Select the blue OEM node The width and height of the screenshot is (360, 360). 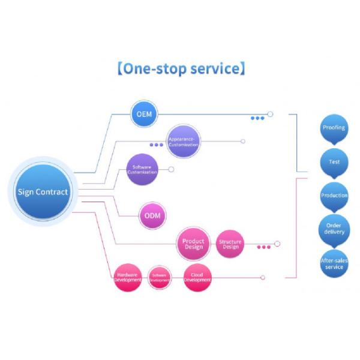(x=144, y=114)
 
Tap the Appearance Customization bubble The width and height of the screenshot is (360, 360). (x=183, y=142)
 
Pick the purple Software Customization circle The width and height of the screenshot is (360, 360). (x=142, y=169)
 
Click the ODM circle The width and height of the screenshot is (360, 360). (x=152, y=215)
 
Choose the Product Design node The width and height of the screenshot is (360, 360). (x=193, y=244)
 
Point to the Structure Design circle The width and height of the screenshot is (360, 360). (x=230, y=244)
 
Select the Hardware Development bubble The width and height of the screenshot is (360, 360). (x=128, y=277)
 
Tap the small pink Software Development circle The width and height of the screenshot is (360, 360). (x=160, y=277)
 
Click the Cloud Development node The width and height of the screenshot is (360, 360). (x=197, y=277)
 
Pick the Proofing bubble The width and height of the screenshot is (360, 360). (x=334, y=128)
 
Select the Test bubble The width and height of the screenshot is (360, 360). (x=334, y=161)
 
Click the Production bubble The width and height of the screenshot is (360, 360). (x=334, y=196)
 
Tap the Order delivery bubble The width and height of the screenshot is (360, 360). (x=334, y=229)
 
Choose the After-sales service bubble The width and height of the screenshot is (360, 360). (x=334, y=263)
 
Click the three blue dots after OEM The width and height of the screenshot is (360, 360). (x=257, y=118)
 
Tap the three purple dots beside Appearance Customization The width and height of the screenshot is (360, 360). (x=156, y=145)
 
